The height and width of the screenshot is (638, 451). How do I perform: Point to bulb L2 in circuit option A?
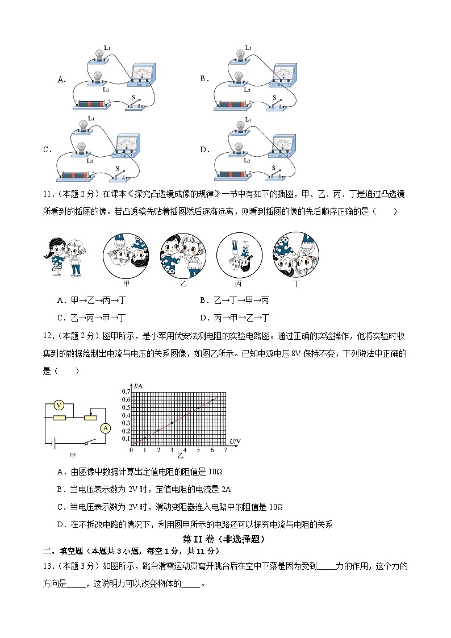(x=98, y=77)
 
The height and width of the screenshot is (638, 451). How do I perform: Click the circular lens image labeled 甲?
(x=126, y=255)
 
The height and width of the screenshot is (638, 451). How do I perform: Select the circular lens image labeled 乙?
(x=182, y=255)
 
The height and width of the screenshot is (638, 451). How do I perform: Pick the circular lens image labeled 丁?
(x=296, y=255)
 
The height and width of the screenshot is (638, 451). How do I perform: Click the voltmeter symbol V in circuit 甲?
(x=58, y=405)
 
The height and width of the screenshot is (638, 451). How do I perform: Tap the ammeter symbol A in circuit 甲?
(x=105, y=429)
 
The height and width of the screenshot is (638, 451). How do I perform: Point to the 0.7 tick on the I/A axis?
(x=126, y=391)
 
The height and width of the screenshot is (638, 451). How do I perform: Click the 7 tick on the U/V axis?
(x=225, y=451)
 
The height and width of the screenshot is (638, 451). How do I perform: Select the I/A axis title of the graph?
(x=138, y=386)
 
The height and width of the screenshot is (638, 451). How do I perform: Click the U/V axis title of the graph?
(x=235, y=441)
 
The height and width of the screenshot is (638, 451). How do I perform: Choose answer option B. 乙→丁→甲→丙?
(x=234, y=300)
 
